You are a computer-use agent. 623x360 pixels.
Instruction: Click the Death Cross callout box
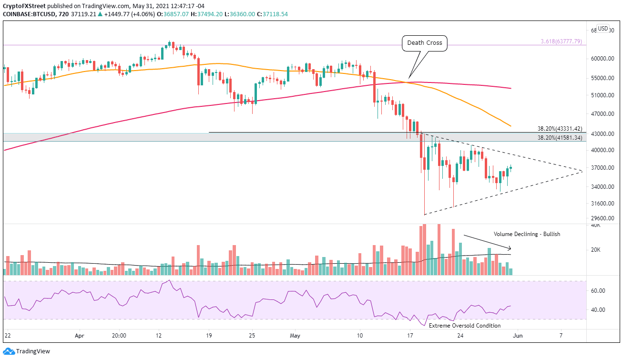coord(425,43)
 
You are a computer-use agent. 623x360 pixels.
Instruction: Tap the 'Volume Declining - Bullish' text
coord(527,234)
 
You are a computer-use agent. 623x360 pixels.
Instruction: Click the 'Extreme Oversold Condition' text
coord(465,326)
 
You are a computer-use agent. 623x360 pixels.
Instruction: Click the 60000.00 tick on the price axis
coord(602,59)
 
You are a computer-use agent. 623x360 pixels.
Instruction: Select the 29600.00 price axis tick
coord(602,218)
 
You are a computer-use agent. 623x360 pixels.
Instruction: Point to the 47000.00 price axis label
coord(602,114)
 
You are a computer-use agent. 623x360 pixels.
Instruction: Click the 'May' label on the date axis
coord(295,335)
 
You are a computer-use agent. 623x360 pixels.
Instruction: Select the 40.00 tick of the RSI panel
coord(598,310)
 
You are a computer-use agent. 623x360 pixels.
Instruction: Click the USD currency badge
coord(603,28)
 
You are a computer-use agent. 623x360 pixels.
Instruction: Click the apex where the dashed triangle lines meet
coord(582,171)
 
